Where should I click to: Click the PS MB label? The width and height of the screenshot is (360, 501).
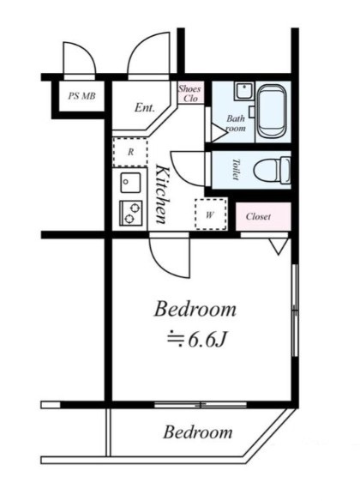81,95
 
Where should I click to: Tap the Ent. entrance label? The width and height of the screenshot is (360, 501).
145,107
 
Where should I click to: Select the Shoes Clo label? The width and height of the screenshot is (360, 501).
190,94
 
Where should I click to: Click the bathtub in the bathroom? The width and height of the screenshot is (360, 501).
272,111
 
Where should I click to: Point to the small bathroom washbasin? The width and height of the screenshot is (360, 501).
244,91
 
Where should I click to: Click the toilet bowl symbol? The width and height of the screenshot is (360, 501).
273,171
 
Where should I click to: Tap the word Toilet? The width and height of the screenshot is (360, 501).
236,169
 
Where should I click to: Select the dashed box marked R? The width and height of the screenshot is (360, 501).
130,152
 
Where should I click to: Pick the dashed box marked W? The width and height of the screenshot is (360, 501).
211,214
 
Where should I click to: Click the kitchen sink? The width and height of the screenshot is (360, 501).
130,183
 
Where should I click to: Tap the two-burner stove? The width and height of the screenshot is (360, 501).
130,213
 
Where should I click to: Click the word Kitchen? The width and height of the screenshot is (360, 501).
161,194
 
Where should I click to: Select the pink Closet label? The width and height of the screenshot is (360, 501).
258,217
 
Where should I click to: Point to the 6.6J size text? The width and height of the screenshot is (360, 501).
197,340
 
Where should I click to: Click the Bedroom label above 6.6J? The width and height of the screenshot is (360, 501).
195,310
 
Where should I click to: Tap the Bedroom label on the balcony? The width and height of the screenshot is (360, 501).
198,432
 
